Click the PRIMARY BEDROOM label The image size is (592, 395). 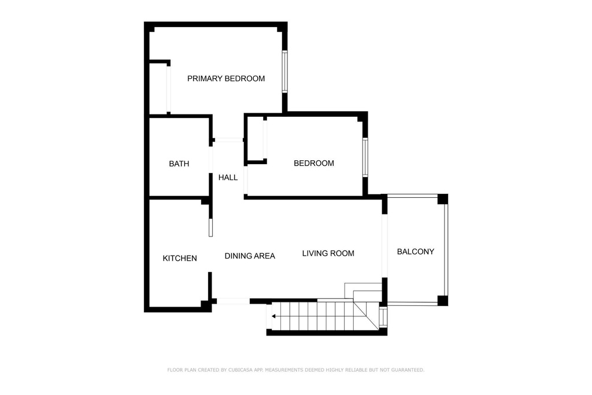(226, 79)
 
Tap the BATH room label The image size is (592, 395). (179, 164)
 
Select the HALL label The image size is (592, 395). (228, 177)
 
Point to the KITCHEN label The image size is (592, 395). (180, 259)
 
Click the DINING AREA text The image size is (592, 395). (250, 256)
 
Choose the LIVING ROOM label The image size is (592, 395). (328, 253)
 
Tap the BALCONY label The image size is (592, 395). (415, 252)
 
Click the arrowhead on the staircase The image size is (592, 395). (273, 316)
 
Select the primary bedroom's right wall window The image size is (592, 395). (284, 71)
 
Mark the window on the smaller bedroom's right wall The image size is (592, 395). (365, 157)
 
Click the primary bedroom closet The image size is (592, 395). (158, 88)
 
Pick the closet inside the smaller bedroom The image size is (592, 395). (256, 140)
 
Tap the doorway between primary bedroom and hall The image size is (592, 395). (228, 140)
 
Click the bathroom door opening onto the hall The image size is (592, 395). (210, 160)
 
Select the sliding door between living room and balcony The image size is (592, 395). (384, 246)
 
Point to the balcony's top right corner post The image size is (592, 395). (443, 199)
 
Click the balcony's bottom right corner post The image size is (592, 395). (443, 301)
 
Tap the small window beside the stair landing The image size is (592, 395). (383, 317)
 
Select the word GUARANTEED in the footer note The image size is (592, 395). (408, 370)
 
